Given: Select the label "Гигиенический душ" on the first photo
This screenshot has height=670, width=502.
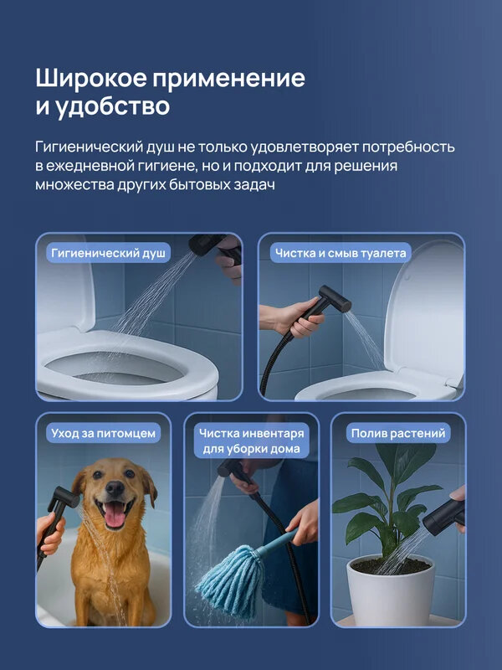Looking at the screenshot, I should pyautogui.click(x=108, y=252).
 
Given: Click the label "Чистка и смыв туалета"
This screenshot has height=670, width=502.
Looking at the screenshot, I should pyautogui.click(x=341, y=252).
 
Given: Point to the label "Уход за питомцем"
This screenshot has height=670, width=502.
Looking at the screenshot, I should pyautogui.click(x=104, y=433).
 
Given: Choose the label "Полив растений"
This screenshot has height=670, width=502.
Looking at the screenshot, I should pyautogui.click(x=398, y=433).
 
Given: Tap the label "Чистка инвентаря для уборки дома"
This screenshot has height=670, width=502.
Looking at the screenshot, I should pyautogui.click(x=251, y=441).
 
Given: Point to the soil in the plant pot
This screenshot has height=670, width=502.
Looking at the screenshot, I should pyautogui.click(x=390, y=566).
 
